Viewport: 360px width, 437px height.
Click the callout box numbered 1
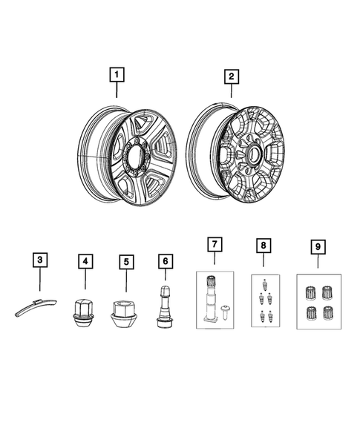[117, 75]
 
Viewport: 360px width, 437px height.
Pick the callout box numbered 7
[214, 243]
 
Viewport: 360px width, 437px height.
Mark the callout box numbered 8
[262, 243]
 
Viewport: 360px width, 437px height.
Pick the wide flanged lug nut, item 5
[125, 313]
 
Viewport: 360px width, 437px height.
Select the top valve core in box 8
[262, 283]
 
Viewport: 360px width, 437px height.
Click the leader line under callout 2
[231, 93]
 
